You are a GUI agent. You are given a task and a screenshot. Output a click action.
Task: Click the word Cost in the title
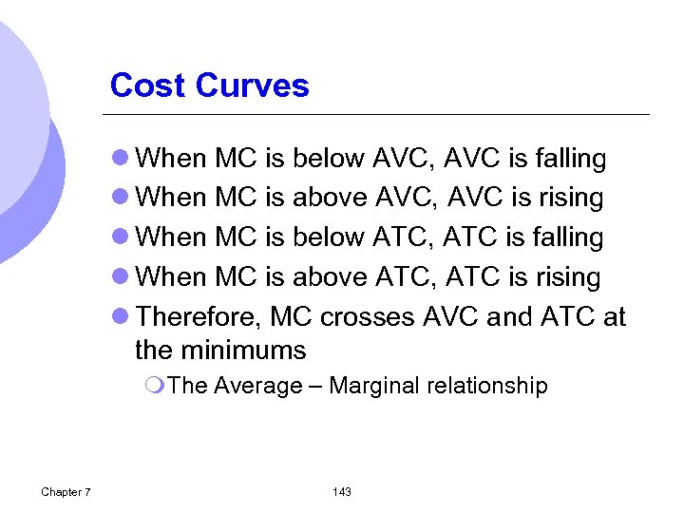[x=147, y=85]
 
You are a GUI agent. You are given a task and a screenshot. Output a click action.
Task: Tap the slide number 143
[x=342, y=491]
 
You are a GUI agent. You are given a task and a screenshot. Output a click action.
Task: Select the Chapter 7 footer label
[x=66, y=491]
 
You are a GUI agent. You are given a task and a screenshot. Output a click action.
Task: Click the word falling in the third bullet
[x=569, y=237]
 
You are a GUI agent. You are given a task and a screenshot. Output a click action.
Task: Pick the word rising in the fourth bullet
[x=567, y=277]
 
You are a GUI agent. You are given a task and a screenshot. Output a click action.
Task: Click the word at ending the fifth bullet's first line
[x=614, y=317]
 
